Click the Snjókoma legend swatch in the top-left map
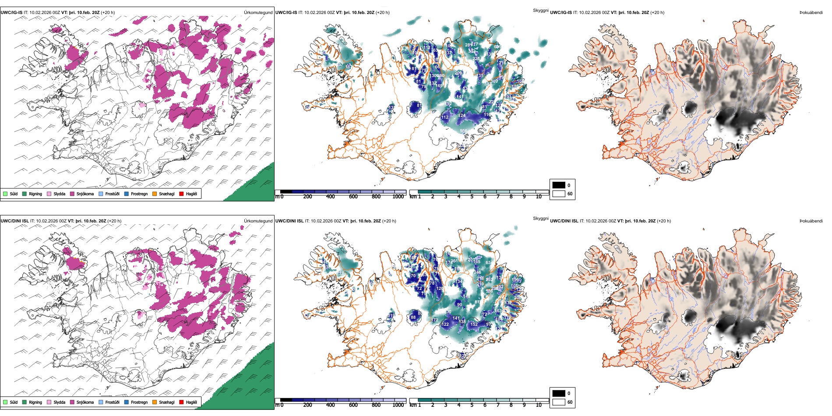coord(72,194)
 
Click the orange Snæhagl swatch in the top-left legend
coord(155,194)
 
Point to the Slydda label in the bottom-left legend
coord(59,402)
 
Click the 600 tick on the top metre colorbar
coord(353,197)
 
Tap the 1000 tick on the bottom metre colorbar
coord(398,405)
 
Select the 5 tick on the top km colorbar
coord(472,197)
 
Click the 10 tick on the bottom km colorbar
coord(539,405)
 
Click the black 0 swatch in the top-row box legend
coord(559,185)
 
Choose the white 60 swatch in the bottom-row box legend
coord(559,402)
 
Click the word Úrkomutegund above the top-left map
coord(258,13)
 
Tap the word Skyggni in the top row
coord(540,11)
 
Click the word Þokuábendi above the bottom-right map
coord(811,221)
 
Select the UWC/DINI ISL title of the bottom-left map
coord(14,221)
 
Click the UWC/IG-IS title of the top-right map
coord(561,13)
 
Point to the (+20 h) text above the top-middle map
coord(383,13)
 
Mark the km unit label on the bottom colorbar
coord(412,405)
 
